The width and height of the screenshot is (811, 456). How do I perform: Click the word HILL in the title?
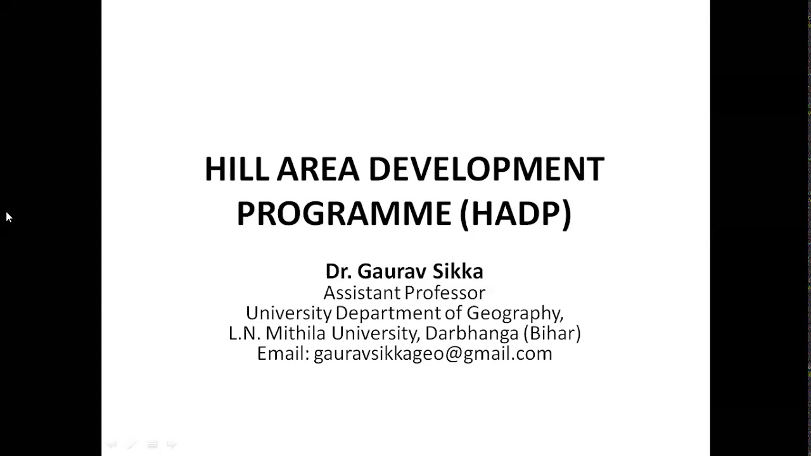pos(236,170)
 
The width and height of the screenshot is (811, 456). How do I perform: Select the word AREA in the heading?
pos(318,170)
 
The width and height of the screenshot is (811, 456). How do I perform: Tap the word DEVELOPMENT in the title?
pos(486,170)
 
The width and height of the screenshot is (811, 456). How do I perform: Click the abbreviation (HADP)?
pos(515,213)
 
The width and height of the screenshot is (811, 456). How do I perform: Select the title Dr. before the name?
pos(338,272)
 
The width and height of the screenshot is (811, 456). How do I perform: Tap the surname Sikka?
pos(457,272)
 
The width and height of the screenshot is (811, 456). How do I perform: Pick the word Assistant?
pos(362,293)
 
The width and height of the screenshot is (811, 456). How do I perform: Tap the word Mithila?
pos(296,333)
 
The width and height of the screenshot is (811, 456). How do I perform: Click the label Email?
pos(283,353)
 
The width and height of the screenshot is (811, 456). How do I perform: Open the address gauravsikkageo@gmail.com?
pos(433,353)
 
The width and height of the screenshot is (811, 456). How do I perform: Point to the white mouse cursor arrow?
pos(9,217)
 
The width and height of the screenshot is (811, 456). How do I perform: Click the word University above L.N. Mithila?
pos(288,313)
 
